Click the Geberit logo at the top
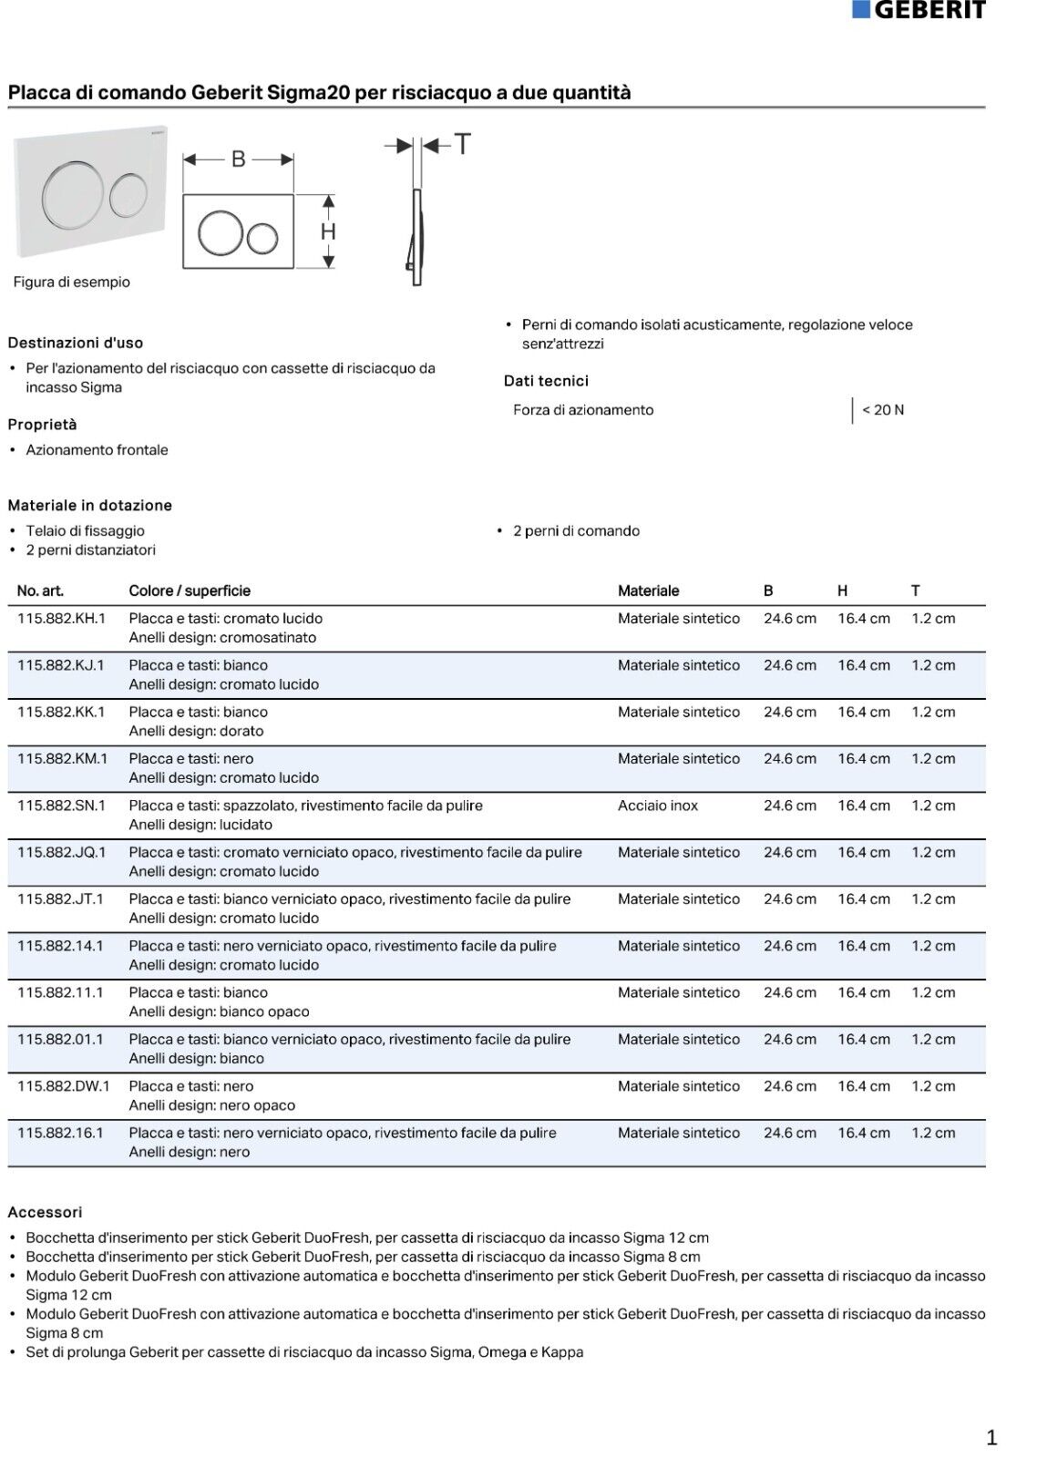[919, 10]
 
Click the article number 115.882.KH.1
[61, 619]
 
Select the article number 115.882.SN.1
[61, 806]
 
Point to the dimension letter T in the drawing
[463, 145]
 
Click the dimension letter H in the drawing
[328, 232]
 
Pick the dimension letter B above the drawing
[239, 159]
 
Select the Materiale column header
[648, 590]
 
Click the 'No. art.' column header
[40, 590]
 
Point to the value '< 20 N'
[882, 410]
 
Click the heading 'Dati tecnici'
[546, 381]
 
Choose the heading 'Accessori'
[45, 1212]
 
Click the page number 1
[991, 1438]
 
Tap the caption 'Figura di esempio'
[71, 282]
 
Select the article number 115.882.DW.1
[63, 1086]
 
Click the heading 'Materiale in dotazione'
[89, 505]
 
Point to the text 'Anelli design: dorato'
[196, 731]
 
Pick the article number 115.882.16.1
[60, 1133]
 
